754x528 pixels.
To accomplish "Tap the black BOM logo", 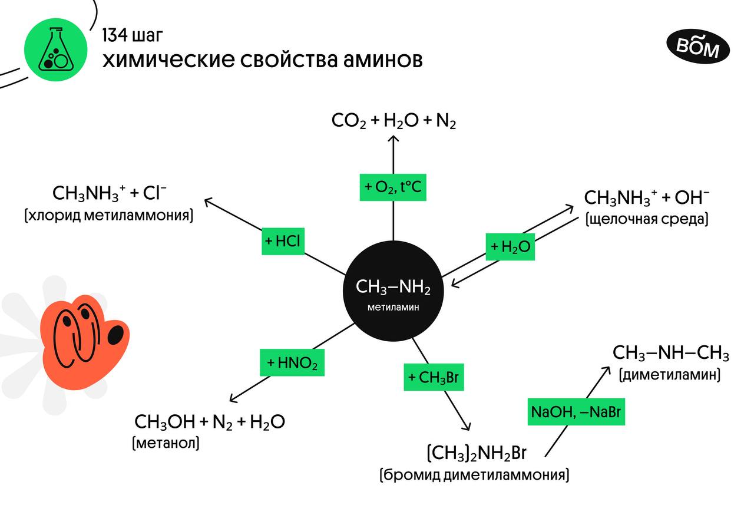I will pyautogui.click(x=697, y=47).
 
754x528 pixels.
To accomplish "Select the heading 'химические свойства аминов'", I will pyautogui.click(x=262, y=60).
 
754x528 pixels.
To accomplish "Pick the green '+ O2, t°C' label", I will pyautogui.click(x=392, y=187).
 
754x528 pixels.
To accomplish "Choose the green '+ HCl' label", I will pyautogui.click(x=283, y=241).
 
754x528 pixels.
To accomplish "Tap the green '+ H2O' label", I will pyautogui.click(x=510, y=248).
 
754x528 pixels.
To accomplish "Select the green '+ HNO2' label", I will pyautogui.click(x=292, y=363).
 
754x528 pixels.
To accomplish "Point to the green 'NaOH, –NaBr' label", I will pyautogui.click(x=576, y=412).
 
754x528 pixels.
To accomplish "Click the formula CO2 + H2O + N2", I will pyautogui.click(x=393, y=121).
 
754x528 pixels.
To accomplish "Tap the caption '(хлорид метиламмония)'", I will pyautogui.click(x=109, y=215).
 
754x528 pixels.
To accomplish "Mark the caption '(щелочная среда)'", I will pyautogui.click(x=647, y=219).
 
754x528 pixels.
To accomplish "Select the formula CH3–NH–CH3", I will pyautogui.click(x=671, y=354).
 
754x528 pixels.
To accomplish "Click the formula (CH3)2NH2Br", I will pyautogui.click(x=476, y=454).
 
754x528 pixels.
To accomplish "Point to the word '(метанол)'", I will pyautogui.click(x=166, y=443).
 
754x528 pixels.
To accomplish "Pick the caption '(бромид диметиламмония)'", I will pyautogui.click(x=474, y=475).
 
